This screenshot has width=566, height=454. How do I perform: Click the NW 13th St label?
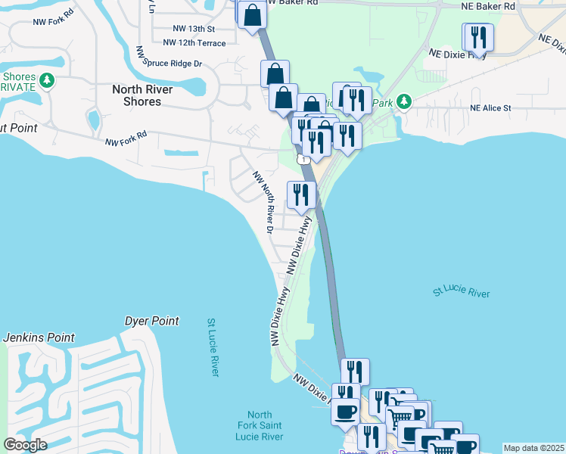[x=194, y=29]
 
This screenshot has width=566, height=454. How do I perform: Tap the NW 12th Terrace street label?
[x=194, y=43]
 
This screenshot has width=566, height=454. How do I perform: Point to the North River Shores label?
[x=142, y=95]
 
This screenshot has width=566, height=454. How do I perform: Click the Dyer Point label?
[x=152, y=321]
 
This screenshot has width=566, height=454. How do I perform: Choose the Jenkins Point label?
[x=39, y=337]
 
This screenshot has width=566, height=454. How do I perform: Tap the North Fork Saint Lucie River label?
[x=260, y=426]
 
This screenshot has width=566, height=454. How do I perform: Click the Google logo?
[x=25, y=445]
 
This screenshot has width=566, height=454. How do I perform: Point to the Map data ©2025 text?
[x=533, y=448]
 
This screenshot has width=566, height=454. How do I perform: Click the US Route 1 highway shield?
[x=303, y=159]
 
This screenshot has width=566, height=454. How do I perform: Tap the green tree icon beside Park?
[x=404, y=101]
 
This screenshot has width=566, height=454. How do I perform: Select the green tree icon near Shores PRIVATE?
[x=47, y=79]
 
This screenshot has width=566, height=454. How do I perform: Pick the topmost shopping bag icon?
[x=252, y=14]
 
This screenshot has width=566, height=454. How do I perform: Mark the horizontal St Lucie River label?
[x=462, y=293]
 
